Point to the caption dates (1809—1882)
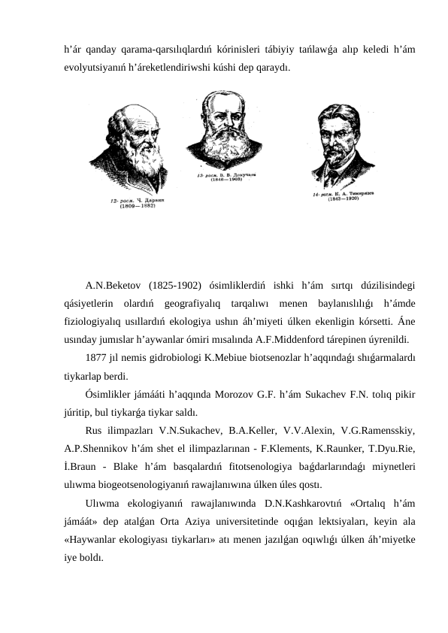coord(138,207)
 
